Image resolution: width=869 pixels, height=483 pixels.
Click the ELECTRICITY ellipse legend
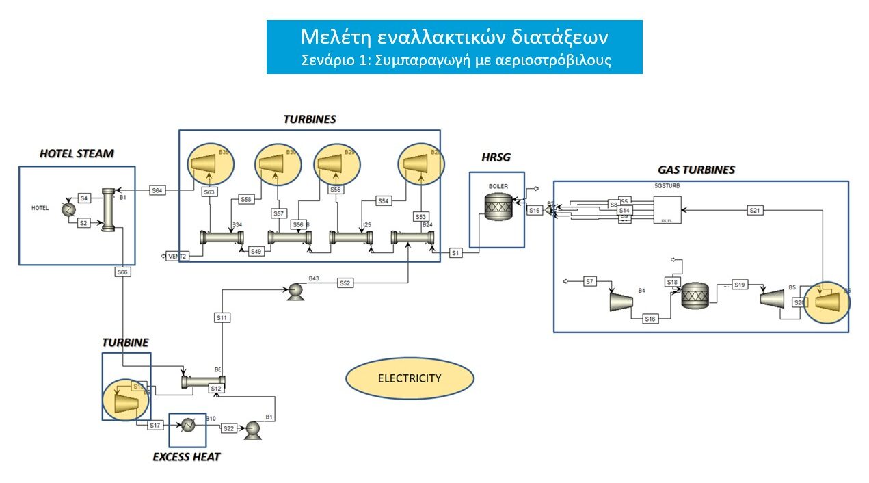[410, 378]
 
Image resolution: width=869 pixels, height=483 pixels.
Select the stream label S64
[157, 190]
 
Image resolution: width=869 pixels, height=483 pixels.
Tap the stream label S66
[122, 272]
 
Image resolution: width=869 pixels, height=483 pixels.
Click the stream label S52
[345, 283]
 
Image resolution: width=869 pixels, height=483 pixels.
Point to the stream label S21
[755, 210]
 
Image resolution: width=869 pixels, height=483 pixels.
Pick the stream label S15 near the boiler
[535, 210]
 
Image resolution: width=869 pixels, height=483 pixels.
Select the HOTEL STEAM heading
[77, 154]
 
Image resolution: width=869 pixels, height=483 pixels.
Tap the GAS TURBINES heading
[696, 169]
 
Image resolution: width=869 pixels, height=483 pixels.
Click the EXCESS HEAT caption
[186, 456]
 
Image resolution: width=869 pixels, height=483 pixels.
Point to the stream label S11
[222, 317]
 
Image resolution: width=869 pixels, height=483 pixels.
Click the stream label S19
[739, 284]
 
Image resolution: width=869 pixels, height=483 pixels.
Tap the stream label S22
[228, 428]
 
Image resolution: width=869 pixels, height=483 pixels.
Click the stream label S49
[255, 251]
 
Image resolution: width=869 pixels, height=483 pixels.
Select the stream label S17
[155, 426]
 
